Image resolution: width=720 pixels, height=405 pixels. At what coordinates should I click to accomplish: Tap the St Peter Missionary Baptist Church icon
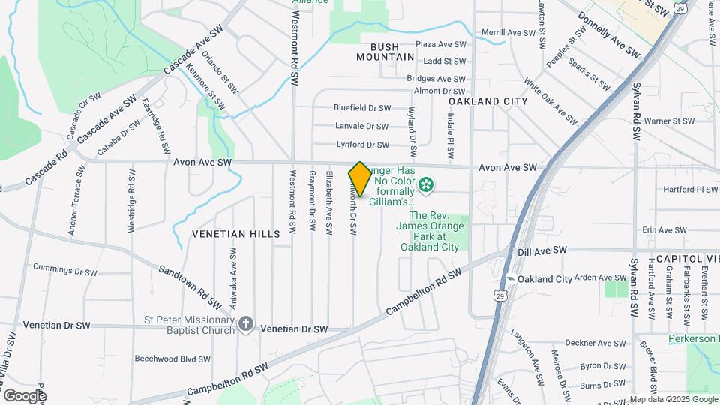coord(245,324)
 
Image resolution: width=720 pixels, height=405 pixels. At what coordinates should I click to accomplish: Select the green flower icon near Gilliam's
coord(426,184)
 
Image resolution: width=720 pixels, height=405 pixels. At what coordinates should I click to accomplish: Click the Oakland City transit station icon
coord(511,278)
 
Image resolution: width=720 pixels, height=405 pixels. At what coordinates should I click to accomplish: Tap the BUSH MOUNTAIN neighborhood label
coord(385,52)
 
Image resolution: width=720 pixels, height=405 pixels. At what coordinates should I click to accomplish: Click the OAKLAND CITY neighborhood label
coord(488,100)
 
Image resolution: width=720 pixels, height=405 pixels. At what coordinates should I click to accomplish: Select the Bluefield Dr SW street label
coord(363,108)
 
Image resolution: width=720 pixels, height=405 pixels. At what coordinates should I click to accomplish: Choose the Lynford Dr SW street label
coord(361,145)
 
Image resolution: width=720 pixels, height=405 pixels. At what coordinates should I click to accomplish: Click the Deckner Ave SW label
coord(595,343)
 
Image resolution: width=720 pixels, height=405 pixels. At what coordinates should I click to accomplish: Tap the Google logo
coord(24,395)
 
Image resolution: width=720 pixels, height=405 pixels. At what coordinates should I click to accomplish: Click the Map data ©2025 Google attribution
coord(672,399)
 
